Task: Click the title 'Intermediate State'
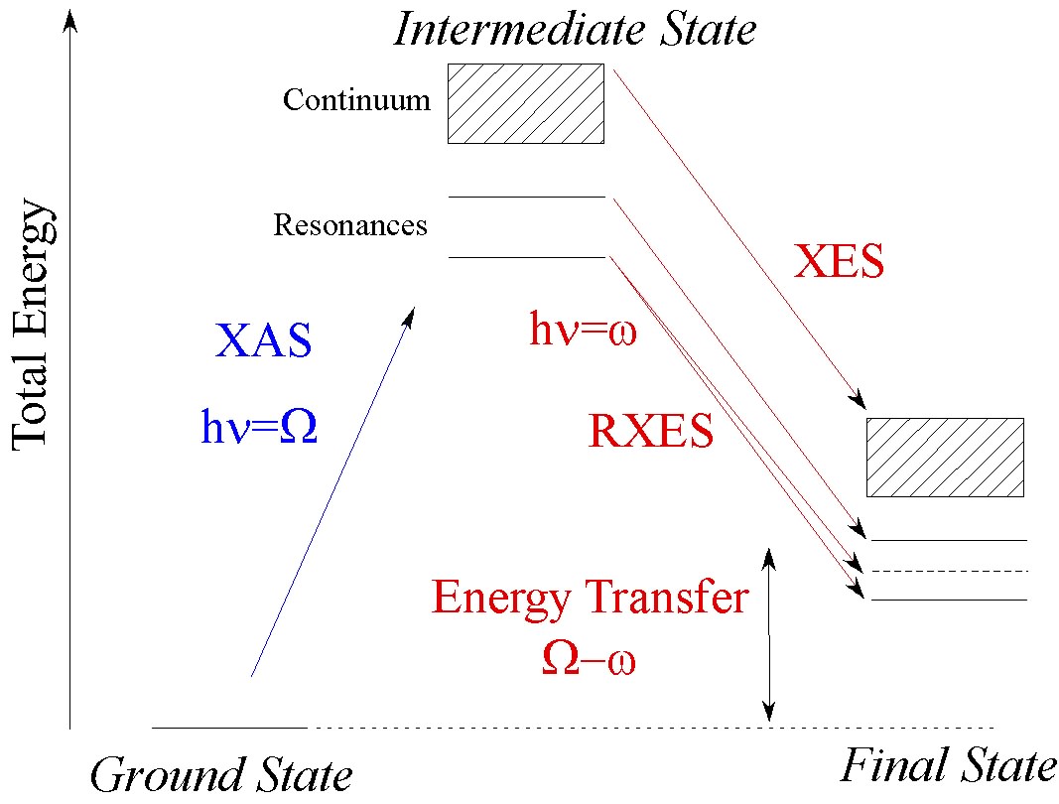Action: click(575, 29)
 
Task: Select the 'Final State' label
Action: click(948, 767)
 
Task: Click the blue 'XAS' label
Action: click(263, 340)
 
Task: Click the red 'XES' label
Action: click(839, 263)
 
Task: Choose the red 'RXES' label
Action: click(651, 433)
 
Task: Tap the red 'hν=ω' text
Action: click(582, 331)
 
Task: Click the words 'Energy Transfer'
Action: click(589, 599)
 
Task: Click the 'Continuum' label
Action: click(356, 100)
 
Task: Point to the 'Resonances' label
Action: click(350, 226)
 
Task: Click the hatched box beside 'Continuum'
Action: click(526, 103)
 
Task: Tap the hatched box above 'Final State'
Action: click(945, 457)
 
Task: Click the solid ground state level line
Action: click(229, 728)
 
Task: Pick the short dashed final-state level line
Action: click(948, 571)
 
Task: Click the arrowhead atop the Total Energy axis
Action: click(69, 19)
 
